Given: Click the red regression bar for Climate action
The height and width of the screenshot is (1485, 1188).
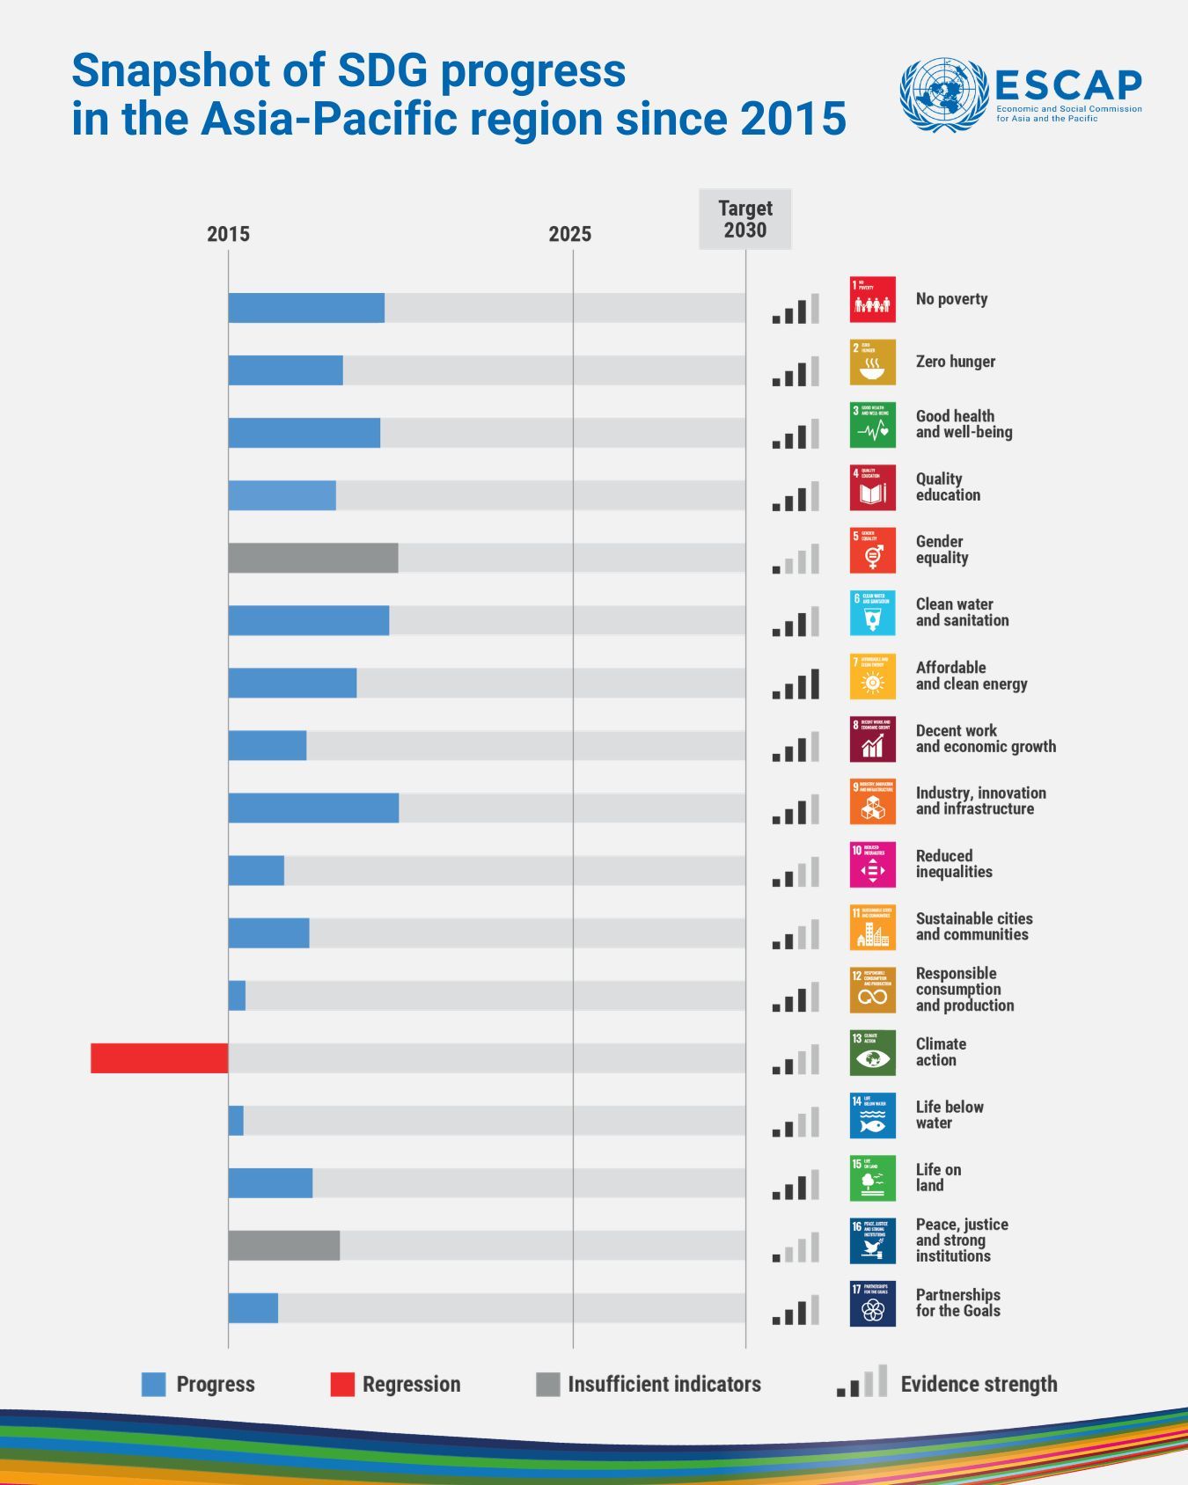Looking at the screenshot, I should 159,1058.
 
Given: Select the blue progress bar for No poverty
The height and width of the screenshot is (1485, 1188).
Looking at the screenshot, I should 306,308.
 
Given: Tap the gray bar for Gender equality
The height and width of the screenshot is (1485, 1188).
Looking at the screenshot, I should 313,558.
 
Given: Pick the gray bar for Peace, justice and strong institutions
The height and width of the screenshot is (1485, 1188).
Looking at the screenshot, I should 284,1246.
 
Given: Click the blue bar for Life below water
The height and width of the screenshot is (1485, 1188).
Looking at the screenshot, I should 236,1121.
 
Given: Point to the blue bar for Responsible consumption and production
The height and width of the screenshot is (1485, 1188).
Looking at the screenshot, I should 237,996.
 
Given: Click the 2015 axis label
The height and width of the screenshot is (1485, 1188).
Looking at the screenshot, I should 229,234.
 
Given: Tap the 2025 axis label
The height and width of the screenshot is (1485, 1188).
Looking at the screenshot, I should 570,234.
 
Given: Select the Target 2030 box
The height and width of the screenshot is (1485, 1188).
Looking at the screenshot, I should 745,219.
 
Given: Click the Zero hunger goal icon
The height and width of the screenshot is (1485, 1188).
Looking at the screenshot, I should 873,362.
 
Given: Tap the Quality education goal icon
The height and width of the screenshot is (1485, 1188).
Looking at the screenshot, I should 873,487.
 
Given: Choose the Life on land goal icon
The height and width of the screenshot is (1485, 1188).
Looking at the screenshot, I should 873,1178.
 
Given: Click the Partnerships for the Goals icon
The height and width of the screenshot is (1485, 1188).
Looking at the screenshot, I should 873,1303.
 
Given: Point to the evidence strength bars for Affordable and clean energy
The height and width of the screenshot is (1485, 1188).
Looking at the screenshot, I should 796,684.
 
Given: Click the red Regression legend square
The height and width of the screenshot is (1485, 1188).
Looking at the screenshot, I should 342,1384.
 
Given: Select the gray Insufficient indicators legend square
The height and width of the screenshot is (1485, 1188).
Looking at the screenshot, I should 547,1384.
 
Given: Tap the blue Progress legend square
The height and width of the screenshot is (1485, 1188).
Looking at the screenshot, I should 154,1384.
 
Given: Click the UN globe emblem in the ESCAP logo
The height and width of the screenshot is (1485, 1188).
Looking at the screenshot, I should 944,95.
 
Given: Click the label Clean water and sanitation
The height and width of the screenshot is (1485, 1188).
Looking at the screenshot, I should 962,612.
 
